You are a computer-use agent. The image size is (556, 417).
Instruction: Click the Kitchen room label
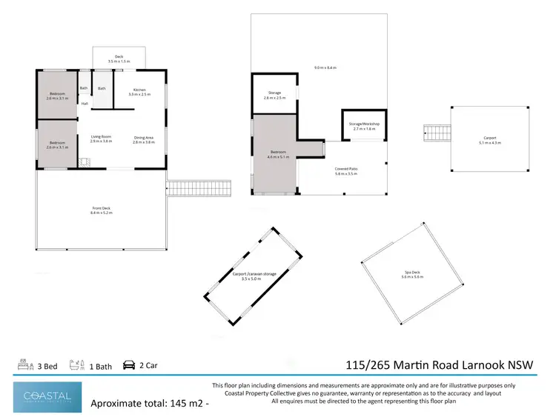point(139,90)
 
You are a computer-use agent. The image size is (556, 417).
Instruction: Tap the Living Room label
point(101,137)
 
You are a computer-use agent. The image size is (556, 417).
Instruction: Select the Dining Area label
point(143,137)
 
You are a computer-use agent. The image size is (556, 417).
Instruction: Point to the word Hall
point(85,104)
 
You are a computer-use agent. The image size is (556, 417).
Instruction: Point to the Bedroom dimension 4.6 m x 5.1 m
point(277,157)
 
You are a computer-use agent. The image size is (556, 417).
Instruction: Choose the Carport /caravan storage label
point(254,274)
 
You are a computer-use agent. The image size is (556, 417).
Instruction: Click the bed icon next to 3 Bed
point(23,365)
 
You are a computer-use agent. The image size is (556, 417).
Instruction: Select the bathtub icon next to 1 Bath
point(74,365)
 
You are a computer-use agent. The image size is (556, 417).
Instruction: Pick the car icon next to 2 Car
point(129,365)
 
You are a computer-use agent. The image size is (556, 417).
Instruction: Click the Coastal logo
point(47,396)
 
